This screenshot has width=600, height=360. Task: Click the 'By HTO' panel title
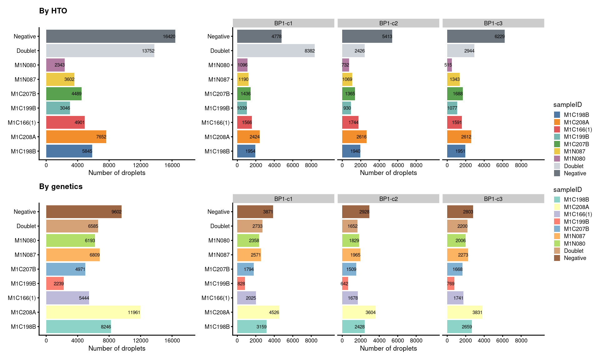(x=53, y=11)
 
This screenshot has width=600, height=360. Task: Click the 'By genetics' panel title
(x=61, y=187)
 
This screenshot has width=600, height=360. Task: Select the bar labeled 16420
(x=111, y=36)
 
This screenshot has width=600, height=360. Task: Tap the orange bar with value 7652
(x=76, y=137)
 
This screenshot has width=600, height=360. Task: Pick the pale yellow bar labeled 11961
(x=93, y=312)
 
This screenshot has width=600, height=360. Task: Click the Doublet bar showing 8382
(x=276, y=51)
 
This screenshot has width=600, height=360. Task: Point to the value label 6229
(x=499, y=37)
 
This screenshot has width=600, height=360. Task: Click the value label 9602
(x=116, y=212)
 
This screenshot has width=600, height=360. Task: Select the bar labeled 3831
(x=465, y=312)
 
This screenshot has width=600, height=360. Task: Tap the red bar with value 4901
(x=65, y=122)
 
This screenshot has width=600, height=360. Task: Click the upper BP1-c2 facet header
(x=388, y=23)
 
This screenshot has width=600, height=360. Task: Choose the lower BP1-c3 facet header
(x=493, y=199)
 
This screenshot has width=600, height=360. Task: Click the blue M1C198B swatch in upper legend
(x=557, y=115)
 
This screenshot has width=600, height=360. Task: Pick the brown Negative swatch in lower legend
(x=557, y=258)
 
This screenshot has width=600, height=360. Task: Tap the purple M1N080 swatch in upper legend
(x=557, y=158)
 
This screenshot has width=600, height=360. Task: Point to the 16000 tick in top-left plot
(x=172, y=165)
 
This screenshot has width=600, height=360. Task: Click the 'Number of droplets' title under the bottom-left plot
(x=117, y=348)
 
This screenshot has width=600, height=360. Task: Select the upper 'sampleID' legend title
(x=567, y=105)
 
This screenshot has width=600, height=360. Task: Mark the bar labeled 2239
(x=55, y=283)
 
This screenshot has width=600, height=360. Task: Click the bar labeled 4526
(x=258, y=312)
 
